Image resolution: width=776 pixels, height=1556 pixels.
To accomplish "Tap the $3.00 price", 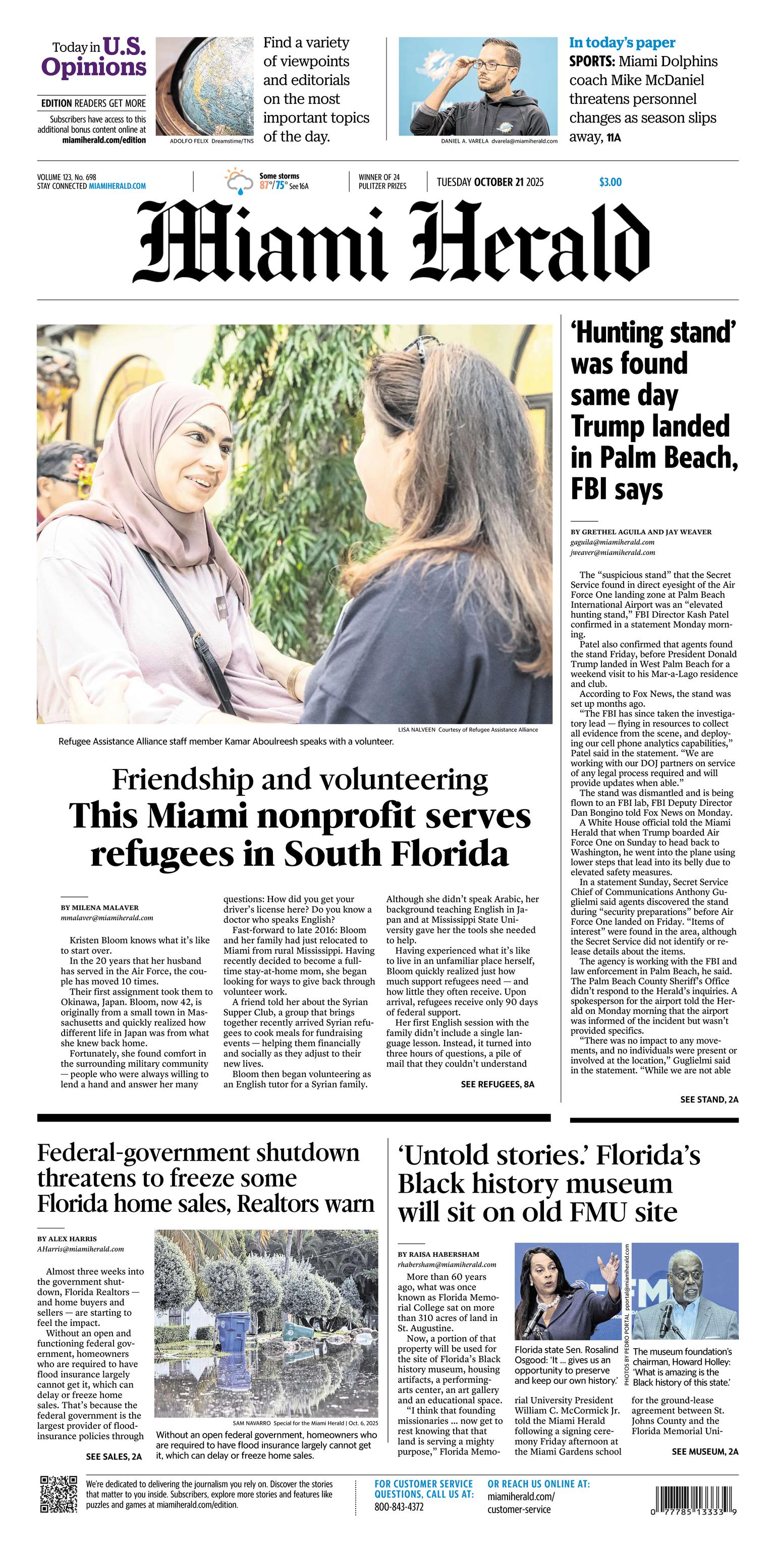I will pyautogui.click(x=610, y=182).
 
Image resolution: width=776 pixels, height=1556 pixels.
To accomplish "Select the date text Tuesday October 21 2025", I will pyautogui.click(x=490, y=182).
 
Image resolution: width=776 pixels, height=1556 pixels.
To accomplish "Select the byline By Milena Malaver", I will pyautogui.click(x=99, y=907).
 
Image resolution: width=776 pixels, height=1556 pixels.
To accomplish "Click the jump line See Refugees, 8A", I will pyautogui.click(x=497, y=1084).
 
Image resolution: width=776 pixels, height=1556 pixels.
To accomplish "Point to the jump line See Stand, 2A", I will pyautogui.click(x=709, y=1099).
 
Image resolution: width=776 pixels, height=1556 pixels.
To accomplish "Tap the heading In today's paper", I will pyautogui.click(x=622, y=43).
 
